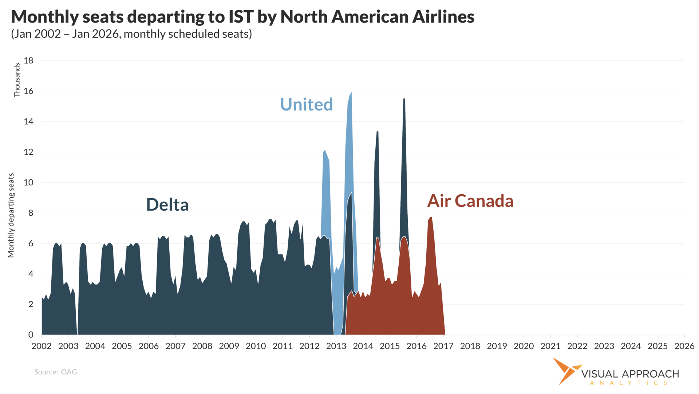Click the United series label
pos(306,104)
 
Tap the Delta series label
pos(167,204)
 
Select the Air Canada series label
pos(470,201)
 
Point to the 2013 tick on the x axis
pos(336,346)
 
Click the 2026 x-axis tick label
pos(684,346)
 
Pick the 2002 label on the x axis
pos(42,346)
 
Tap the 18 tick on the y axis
pos(28,61)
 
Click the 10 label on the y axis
pos(28,183)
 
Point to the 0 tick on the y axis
pos(31,335)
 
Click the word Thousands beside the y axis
pos(17,80)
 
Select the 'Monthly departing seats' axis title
pos(11,215)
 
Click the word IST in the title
pos(241,17)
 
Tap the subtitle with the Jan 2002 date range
pos(131,34)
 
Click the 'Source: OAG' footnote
pos(55,372)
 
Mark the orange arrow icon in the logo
pos(565,370)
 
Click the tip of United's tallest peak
pos(351,93)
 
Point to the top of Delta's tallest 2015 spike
pos(404,99)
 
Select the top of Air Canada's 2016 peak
pos(431,217)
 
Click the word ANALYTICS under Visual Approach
pos(629,383)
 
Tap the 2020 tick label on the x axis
pos(524,346)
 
